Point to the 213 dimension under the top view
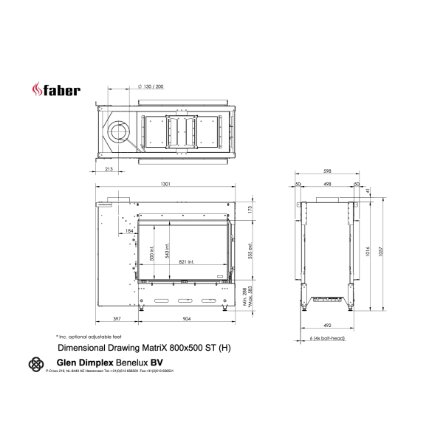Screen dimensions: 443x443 click(x=109, y=170)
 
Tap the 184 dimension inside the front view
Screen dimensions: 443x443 click(x=129, y=231)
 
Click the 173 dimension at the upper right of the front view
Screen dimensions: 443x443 click(x=249, y=210)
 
